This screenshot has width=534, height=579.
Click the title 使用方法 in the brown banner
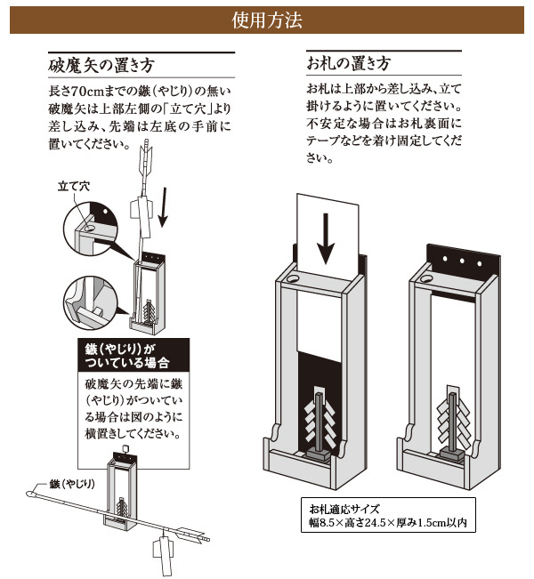pos(267,20)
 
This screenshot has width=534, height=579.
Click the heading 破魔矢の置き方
pos(101,65)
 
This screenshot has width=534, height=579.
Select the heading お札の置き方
pos(349,63)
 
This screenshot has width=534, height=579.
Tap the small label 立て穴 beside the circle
pos(74,186)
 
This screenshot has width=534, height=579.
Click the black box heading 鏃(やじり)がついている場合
pos(127,356)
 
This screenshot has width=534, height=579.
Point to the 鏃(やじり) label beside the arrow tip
pos(72,484)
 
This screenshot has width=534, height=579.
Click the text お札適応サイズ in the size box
pos(344,510)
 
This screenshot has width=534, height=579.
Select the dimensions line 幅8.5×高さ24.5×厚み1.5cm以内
pos(388,522)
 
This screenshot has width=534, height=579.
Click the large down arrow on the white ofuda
pos(326,238)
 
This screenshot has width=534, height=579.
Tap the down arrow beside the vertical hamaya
pos(163,207)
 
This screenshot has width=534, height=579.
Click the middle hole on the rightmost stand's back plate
pos(462,261)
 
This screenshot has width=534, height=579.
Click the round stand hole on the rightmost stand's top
pos(426,278)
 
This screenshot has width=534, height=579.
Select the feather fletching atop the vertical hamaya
pos(147,159)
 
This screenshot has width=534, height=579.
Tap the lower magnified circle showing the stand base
pos(91,303)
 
